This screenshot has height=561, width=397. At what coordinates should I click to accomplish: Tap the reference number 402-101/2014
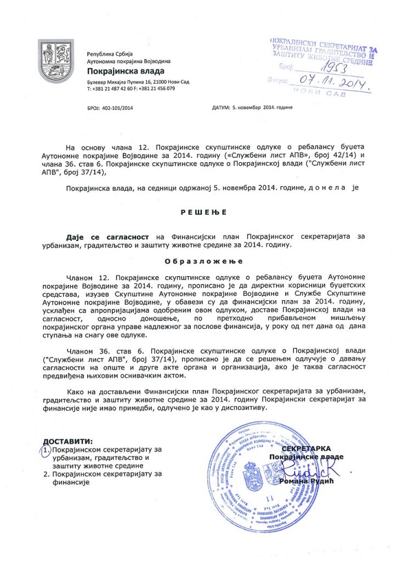[117, 107]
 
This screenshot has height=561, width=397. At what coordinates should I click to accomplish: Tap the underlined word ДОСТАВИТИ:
[68, 442]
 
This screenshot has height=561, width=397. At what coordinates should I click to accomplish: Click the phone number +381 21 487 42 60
[111, 88]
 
